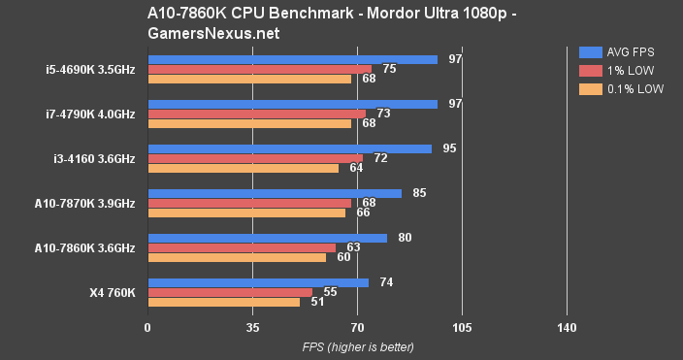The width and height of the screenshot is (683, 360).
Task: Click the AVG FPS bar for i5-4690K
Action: pyautogui.click(x=292, y=59)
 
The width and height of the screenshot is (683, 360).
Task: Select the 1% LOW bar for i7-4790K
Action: pyautogui.click(x=256, y=114)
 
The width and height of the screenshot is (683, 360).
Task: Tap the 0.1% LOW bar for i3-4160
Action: pyautogui.click(x=243, y=168)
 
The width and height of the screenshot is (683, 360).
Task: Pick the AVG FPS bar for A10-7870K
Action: pyautogui.click(x=275, y=193)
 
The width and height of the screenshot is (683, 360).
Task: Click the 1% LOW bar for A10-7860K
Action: pyautogui.click(x=242, y=247)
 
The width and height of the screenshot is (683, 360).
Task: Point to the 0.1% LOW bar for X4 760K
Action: pyautogui.click(x=223, y=302)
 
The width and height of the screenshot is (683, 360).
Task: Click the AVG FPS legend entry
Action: pyautogui.click(x=621, y=51)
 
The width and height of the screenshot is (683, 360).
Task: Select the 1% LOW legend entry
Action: pyautogui.click(x=621, y=70)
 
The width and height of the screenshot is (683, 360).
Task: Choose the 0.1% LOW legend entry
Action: pyautogui.click(x=621, y=88)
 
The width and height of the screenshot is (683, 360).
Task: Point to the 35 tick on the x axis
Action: pyautogui.click(x=252, y=328)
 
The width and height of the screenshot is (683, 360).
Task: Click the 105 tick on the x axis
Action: pyautogui.click(x=462, y=328)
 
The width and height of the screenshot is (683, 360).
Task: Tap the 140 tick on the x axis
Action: pyautogui.click(x=567, y=328)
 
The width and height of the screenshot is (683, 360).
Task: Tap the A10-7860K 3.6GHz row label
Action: pyautogui.click(x=84, y=247)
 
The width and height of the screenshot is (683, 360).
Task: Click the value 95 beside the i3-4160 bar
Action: pyautogui.click(x=448, y=148)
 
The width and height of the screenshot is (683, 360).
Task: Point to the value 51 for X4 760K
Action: pyautogui.click(x=316, y=302)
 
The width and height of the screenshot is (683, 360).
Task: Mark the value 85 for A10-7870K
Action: pyautogui.click(x=419, y=193)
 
